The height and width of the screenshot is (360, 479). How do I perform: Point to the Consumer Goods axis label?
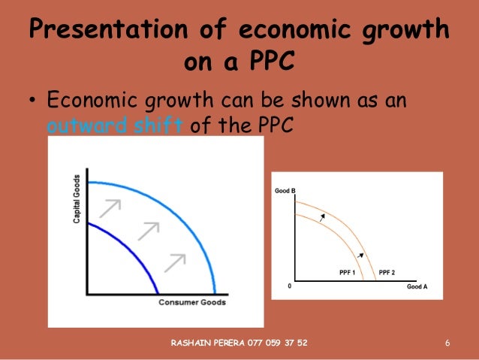coord(192,302)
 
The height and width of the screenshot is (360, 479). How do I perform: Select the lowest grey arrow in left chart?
coord(175,262)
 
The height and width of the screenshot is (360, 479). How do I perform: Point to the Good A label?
coord(417,286)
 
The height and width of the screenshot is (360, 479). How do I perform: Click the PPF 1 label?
coord(339,271)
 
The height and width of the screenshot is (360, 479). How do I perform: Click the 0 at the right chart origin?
coord(288,286)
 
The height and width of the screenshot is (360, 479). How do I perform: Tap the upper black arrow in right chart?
coord(323,217)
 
